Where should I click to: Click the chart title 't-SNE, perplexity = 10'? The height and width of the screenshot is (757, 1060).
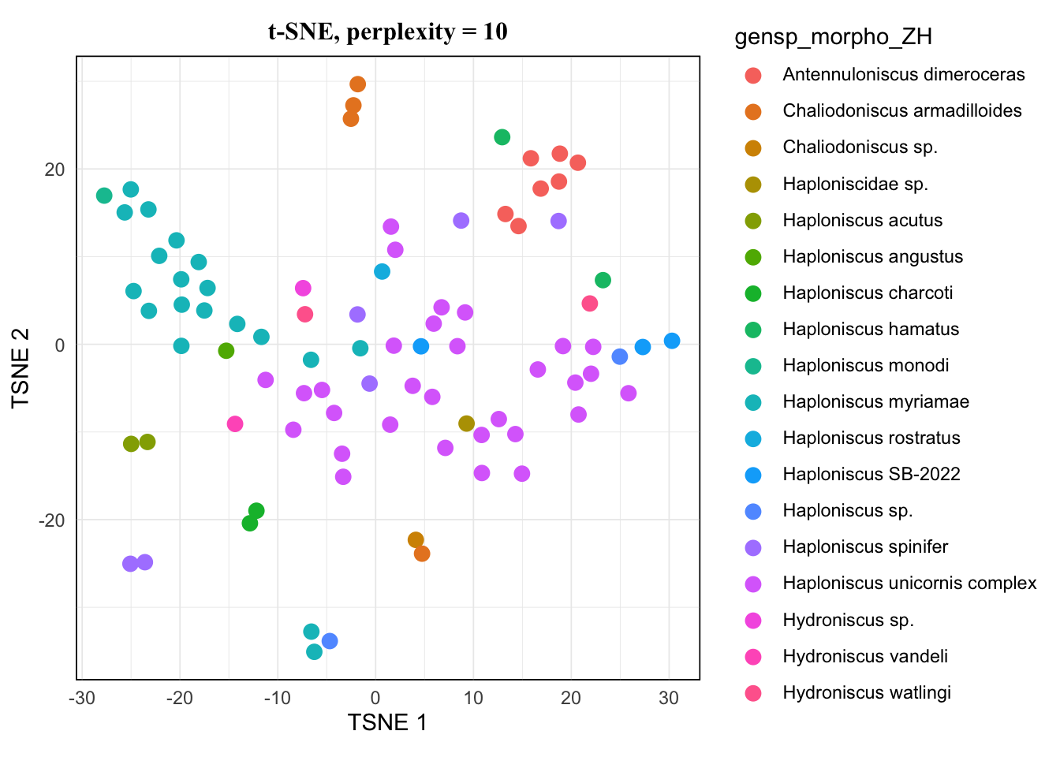pyautogui.click(x=387, y=32)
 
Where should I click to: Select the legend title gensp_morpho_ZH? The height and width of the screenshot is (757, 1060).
pyautogui.click(x=833, y=37)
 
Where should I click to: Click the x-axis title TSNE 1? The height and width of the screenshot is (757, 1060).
pyautogui.click(x=387, y=722)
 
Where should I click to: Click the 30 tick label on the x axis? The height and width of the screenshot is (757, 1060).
pyautogui.click(x=669, y=698)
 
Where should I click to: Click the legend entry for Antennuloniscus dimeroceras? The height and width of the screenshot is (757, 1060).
pyautogui.click(x=903, y=75)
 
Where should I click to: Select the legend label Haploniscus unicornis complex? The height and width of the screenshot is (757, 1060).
pyautogui.click(x=909, y=584)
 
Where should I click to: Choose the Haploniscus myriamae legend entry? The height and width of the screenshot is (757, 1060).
pyautogui.click(x=875, y=402)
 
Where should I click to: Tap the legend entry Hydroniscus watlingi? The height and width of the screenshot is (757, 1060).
pyautogui.click(x=867, y=693)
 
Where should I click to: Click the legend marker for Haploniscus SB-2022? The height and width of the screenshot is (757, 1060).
pyautogui.click(x=753, y=475)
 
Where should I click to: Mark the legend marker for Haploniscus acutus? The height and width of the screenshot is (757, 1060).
pyautogui.click(x=753, y=221)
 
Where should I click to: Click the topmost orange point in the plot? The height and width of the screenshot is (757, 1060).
pyautogui.click(x=357, y=84)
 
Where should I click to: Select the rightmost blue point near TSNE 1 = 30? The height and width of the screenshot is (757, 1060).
pyautogui.click(x=672, y=341)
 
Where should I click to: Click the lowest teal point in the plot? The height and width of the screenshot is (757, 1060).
pyautogui.click(x=314, y=651)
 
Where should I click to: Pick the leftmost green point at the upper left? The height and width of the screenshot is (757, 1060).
pyautogui.click(x=104, y=196)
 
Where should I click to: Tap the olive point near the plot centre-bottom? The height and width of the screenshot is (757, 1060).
pyautogui.click(x=466, y=423)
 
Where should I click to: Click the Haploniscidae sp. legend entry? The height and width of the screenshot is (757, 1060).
pyautogui.click(x=855, y=185)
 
